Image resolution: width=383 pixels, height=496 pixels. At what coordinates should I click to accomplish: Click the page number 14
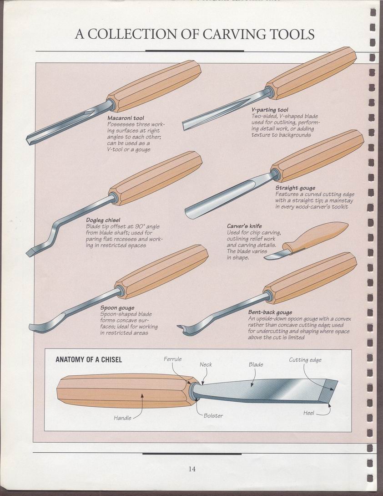pos(192,469)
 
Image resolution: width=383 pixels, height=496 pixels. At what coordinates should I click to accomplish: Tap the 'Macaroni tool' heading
pos(126,118)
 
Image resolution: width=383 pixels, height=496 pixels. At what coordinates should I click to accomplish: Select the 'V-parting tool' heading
pos(270,110)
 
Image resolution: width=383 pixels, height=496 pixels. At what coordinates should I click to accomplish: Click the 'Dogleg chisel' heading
pos(103,220)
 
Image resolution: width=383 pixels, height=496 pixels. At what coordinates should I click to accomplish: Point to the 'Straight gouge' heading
pos(295,188)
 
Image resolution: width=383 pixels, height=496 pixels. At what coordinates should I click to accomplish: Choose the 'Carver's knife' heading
pos(244,226)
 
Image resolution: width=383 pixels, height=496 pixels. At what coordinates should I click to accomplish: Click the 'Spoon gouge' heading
pos(117,308)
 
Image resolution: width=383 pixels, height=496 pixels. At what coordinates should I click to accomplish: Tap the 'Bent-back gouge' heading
pos(270,312)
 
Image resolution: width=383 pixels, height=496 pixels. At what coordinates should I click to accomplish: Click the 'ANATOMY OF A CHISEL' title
pos(89,360)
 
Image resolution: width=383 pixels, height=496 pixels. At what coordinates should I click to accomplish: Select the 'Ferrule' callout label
pos(172,359)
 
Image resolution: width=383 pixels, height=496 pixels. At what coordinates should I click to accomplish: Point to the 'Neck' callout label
pos(206,364)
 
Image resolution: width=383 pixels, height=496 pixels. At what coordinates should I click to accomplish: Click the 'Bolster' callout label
pos(213,416)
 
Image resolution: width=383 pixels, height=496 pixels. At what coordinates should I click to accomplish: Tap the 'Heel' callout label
pos(309,413)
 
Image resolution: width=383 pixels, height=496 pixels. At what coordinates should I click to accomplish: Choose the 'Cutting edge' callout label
pos(305,360)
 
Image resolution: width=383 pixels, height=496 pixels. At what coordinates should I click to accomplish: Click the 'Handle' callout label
pos(123,418)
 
